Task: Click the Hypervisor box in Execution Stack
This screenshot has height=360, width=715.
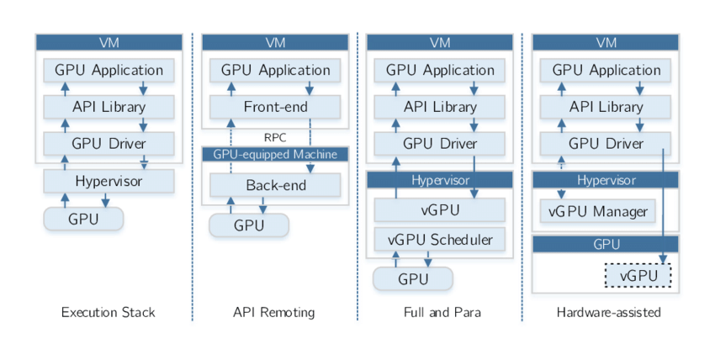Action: pos(109,181)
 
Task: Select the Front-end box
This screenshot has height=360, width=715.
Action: pos(275,107)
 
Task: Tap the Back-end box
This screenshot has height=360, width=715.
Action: pos(275,185)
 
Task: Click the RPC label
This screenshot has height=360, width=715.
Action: pos(275,135)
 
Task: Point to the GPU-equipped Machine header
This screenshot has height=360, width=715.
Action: pos(275,154)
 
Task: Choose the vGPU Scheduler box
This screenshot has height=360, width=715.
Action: pos(440,240)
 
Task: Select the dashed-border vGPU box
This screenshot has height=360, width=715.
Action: pos(638,276)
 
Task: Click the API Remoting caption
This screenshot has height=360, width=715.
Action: pos(274,312)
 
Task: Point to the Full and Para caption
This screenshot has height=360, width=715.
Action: pos(440,312)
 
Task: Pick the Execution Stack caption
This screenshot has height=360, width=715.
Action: pos(109,312)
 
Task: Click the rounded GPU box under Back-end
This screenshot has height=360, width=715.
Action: pos(249,225)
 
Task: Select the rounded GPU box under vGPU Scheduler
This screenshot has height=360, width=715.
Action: pos(413,279)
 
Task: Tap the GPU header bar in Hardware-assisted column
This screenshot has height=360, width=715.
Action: pos(606,245)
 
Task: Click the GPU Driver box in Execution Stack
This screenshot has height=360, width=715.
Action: pos(109,144)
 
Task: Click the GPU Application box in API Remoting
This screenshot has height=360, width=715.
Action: pos(275,70)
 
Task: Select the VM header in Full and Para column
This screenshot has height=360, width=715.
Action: pos(440,42)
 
